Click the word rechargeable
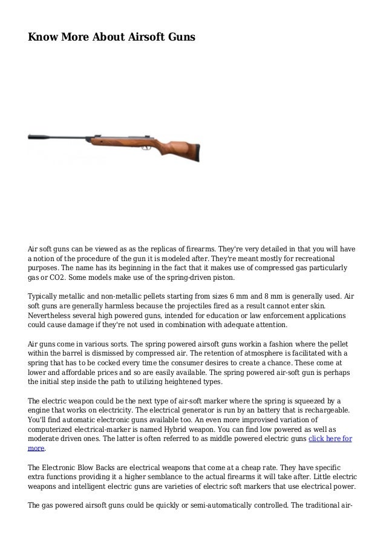tap(318, 410)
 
